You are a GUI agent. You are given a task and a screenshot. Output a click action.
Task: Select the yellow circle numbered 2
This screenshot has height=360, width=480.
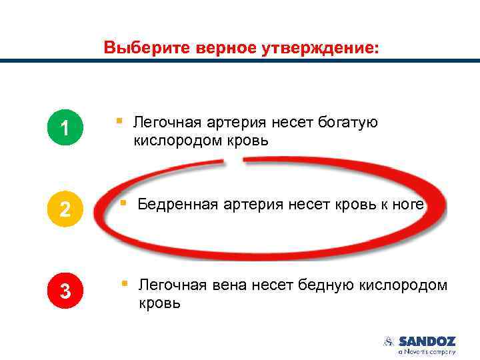(x=65, y=209)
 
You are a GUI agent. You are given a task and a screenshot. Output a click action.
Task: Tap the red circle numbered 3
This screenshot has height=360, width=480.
(x=65, y=291)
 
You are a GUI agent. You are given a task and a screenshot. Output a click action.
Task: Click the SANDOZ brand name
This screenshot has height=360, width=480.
(x=427, y=341)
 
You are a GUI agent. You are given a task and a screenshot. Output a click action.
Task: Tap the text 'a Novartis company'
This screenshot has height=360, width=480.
(x=427, y=351)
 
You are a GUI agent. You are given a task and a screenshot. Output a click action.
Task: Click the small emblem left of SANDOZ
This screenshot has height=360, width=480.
(x=389, y=341)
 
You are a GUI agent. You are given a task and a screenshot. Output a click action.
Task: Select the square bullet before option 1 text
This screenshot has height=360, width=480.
(x=119, y=121)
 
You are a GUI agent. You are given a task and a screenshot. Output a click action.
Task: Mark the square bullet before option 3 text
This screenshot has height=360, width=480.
(x=124, y=284)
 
